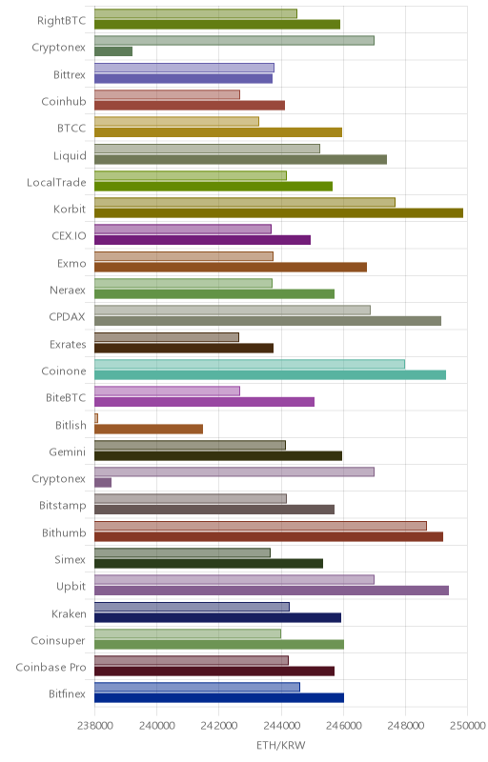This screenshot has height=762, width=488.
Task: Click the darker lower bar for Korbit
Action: tap(278, 213)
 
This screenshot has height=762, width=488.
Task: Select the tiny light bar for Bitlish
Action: tap(96, 418)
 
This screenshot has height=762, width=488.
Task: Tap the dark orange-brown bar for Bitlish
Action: tap(149, 429)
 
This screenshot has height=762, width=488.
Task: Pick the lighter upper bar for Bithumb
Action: tap(260, 526)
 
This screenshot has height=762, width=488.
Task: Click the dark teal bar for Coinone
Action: tap(270, 374)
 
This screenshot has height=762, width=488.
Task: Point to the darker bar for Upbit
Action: tap(272, 591)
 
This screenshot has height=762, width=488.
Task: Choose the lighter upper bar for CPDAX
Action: tap(233, 311)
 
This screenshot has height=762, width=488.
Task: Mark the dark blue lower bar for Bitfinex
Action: tap(218, 698)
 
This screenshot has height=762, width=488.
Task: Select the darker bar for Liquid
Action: tap(240, 159)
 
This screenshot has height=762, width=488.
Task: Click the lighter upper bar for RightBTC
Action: tap(195, 13)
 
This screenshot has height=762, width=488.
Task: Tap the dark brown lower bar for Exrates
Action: tap(184, 348)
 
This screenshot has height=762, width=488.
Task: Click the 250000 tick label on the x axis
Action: tap(468, 726)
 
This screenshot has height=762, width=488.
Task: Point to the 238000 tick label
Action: tap(94, 726)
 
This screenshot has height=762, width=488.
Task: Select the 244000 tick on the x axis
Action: tap(281, 726)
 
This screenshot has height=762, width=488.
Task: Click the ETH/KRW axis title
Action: tap(281, 745)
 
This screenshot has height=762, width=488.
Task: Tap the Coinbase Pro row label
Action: tap(51, 668)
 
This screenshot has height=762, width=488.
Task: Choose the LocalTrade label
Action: tap(56, 182)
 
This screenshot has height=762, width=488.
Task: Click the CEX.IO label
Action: tap(69, 236)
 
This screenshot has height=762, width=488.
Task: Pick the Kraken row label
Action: tap(69, 613)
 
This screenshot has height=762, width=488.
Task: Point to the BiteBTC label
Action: tap(66, 397)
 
